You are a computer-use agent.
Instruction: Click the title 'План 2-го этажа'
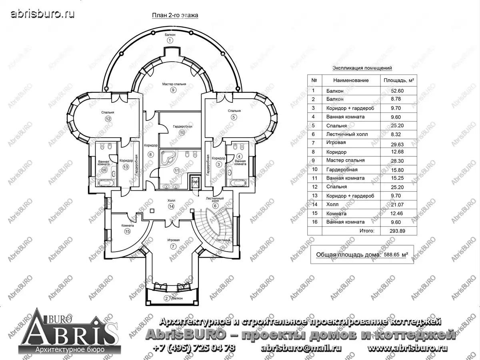(175, 15)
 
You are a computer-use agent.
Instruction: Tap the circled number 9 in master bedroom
(173, 90)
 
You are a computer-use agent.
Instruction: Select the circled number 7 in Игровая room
(173, 246)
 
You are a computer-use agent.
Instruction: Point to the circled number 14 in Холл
(171, 206)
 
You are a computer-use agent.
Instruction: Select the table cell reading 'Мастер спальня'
(345, 160)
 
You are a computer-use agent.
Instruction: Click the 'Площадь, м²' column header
(398, 80)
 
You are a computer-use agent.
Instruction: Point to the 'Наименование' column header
(351, 80)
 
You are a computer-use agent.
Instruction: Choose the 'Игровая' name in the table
(336, 143)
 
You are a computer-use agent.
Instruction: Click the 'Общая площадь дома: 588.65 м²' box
(362, 254)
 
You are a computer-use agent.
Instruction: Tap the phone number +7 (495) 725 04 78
(194, 348)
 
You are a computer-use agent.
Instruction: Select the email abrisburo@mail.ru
(301, 348)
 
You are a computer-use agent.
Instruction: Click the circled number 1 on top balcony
(170, 40)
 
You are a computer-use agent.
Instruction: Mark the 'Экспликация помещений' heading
(362, 68)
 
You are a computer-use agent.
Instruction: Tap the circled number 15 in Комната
(128, 232)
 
